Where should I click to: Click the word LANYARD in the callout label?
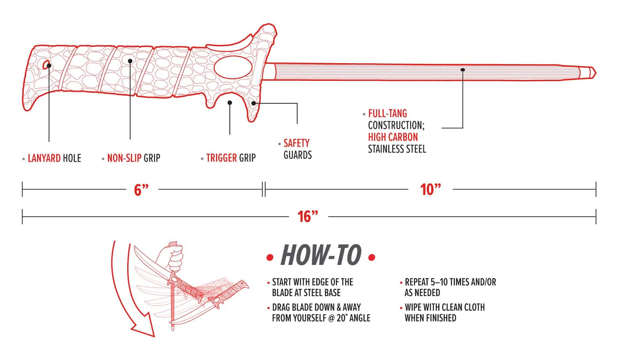pyautogui.click(x=44, y=158)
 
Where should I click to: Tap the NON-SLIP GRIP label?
pyautogui.click(x=133, y=158)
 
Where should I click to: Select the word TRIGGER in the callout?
pyautogui.click(x=221, y=158)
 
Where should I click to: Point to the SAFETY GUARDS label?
pyautogui.click(x=297, y=149)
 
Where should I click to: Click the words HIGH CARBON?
pyautogui.click(x=393, y=137)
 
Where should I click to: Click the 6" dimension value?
pyautogui.click(x=141, y=189)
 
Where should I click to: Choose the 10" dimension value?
pyautogui.click(x=430, y=189)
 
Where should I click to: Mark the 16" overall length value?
pyautogui.click(x=308, y=217)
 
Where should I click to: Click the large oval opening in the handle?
pyautogui.click(x=233, y=67)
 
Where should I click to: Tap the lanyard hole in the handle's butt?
pyautogui.click(x=47, y=65)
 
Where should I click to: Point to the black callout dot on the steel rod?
pyautogui.click(x=463, y=70)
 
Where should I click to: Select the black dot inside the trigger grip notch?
pyautogui.click(x=230, y=102)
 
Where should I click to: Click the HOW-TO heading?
pyautogui.click(x=321, y=255)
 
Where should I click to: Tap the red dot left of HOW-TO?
pyautogui.click(x=270, y=257)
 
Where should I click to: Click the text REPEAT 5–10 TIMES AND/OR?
pyautogui.click(x=450, y=282)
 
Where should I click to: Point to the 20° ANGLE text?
pyautogui.click(x=353, y=318)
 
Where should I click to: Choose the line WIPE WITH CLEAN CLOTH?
pyautogui.click(x=444, y=307)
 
